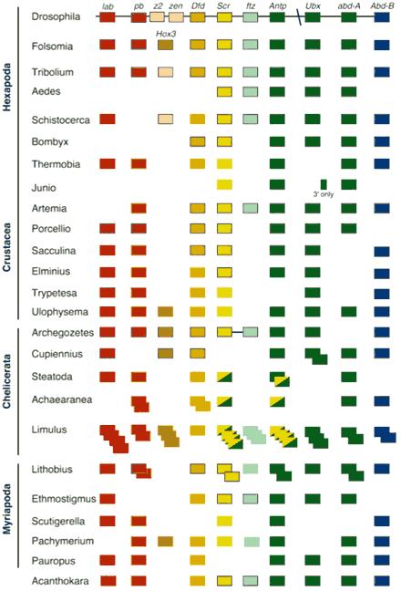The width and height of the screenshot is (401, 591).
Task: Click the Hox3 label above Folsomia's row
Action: click(166, 34)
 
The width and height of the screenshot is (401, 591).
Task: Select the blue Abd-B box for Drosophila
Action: click(382, 17)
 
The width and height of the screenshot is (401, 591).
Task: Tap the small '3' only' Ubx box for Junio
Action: click(324, 184)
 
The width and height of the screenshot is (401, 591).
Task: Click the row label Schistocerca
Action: click(61, 120)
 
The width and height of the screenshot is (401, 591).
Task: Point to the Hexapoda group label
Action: click(7, 87)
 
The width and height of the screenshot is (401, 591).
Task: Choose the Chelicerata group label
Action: click(7, 381)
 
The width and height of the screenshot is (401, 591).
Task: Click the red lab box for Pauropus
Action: click(108, 560)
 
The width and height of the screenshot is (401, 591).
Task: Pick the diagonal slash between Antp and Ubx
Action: click(299, 18)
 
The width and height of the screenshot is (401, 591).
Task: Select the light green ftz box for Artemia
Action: click(251, 208)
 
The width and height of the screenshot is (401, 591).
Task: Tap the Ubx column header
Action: click(313, 6)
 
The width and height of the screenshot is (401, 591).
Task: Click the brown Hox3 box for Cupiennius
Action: click(165, 354)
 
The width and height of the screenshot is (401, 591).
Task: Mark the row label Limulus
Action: click(49, 430)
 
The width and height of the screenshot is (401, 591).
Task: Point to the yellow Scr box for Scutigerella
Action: click(225, 522)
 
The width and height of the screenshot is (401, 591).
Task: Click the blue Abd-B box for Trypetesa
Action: click(382, 294)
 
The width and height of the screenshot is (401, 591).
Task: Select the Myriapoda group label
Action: click(7, 509)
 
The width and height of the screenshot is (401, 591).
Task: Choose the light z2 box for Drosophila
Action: click(157, 17)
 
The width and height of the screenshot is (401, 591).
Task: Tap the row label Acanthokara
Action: click(60, 581)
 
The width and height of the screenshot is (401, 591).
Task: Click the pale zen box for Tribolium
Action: click(165, 72)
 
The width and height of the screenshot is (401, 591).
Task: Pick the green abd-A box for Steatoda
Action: click(349, 377)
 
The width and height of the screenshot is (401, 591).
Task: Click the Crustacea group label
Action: click(7, 247)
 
